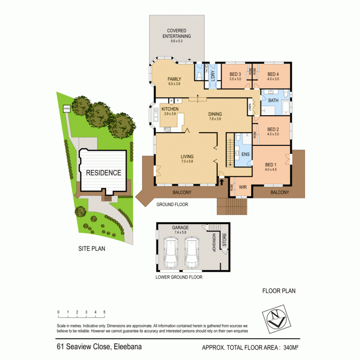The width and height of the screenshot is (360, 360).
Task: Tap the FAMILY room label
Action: [x=174, y=79]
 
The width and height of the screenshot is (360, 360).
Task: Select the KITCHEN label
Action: [x=170, y=109]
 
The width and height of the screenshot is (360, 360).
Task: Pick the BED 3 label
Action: [x=235, y=74]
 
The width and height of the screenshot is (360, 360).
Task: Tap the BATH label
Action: [x=274, y=101]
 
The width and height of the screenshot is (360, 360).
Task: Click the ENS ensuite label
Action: [x=246, y=154]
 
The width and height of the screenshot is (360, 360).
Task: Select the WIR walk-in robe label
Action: [x=243, y=186]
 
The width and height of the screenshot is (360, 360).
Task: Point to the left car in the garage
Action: [x=171, y=252]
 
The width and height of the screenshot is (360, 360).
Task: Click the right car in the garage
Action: [x=193, y=252]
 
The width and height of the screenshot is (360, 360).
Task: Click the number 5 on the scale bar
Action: [x=104, y=312]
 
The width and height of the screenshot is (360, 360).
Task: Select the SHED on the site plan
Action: [x=67, y=108]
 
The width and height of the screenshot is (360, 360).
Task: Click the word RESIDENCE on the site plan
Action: [x=103, y=172]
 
